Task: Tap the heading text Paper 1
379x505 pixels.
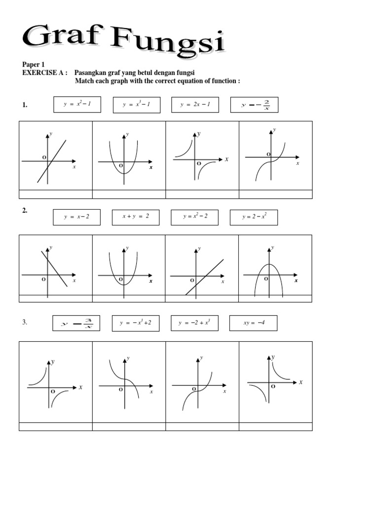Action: pyautogui.click(x=34, y=64)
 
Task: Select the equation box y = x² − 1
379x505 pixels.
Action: pyautogui.click(x=77, y=105)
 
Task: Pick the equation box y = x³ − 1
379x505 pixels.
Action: pyautogui.click(x=136, y=105)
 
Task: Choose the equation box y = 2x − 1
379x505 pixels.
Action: pyautogui.click(x=195, y=105)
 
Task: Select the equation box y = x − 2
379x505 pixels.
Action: pyautogui.click(x=76, y=217)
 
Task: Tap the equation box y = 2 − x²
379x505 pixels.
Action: pyautogui.click(x=254, y=217)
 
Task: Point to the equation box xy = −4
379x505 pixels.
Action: pyautogui.click(x=253, y=323)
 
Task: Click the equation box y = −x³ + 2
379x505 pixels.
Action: pyautogui.click(x=135, y=323)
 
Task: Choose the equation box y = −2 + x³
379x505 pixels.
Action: pyautogui.click(x=194, y=323)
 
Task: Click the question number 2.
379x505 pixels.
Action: pyautogui.click(x=25, y=211)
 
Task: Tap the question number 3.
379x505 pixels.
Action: pyautogui.click(x=25, y=323)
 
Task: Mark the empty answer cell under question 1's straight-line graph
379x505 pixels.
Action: pyautogui.click(x=55, y=194)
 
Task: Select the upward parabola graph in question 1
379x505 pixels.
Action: pyautogui.click(x=128, y=155)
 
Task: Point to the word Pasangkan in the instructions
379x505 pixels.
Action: pyautogui.click(x=90, y=72)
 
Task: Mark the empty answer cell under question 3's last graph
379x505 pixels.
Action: pyautogui.click(x=275, y=427)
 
